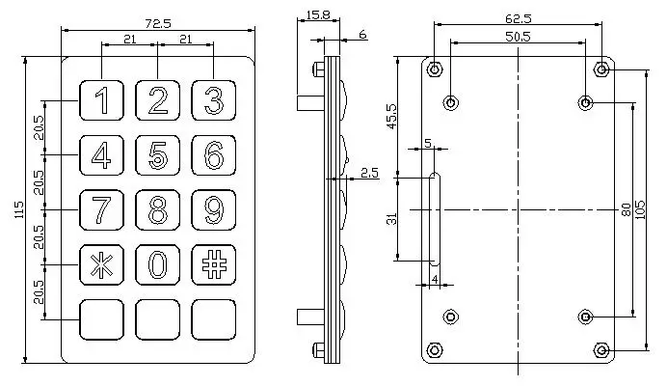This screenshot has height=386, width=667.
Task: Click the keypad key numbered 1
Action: (x=101, y=100)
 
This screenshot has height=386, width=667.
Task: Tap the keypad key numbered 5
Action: (x=158, y=154)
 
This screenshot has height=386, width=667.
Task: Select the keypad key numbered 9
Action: (x=214, y=208)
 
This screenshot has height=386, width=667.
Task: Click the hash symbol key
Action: (x=214, y=263)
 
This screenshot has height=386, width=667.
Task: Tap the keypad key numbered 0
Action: (x=158, y=263)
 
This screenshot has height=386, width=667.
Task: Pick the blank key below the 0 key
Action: (x=158, y=317)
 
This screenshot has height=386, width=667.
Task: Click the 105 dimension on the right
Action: (x=654, y=208)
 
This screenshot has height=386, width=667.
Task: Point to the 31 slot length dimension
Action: (x=390, y=218)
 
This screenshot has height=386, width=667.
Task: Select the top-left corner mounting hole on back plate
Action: (x=436, y=69)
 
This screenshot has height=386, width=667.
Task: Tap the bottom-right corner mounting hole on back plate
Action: (x=600, y=348)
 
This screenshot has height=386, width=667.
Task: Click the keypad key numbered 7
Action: (x=101, y=208)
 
